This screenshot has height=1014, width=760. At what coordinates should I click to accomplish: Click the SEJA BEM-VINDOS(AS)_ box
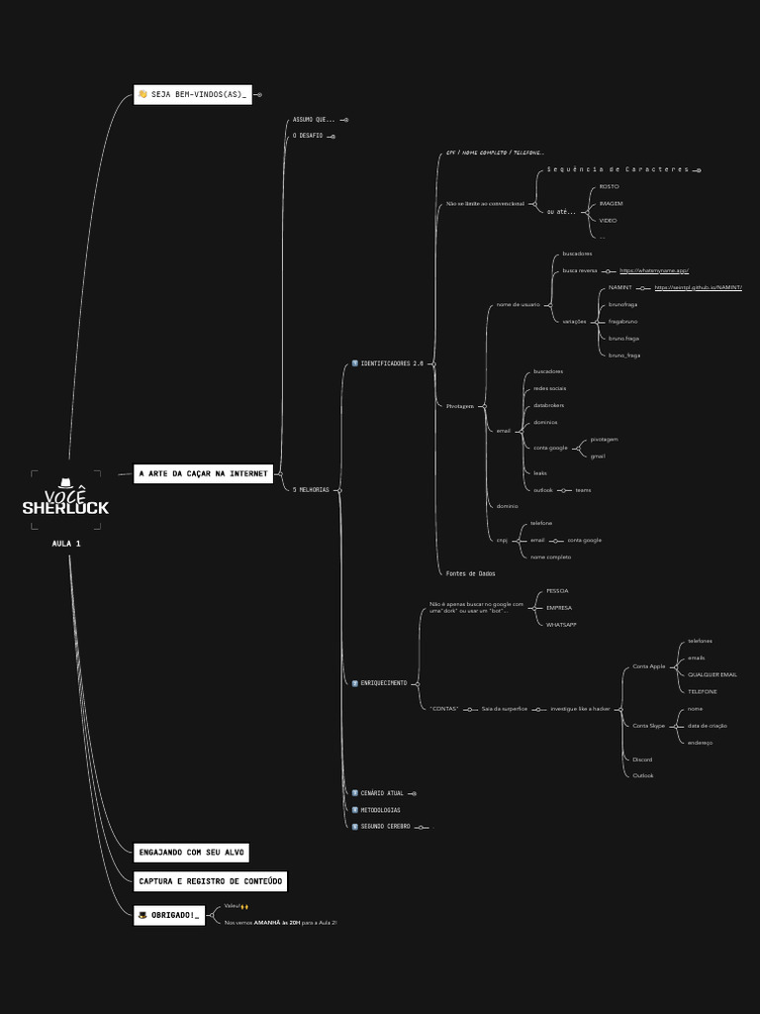click(193, 95)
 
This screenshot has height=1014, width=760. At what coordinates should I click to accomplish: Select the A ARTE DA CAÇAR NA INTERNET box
click(203, 474)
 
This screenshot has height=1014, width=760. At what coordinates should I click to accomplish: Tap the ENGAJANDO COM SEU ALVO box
click(191, 853)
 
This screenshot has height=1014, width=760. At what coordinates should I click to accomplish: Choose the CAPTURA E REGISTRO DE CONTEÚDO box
click(210, 881)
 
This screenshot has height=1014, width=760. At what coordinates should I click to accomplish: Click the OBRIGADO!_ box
click(169, 916)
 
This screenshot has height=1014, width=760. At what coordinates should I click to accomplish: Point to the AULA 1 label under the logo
click(66, 544)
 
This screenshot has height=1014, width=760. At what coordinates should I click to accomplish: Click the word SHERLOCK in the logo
click(66, 508)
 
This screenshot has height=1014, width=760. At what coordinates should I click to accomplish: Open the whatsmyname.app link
click(654, 270)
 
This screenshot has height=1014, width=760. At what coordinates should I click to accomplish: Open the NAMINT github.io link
click(698, 287)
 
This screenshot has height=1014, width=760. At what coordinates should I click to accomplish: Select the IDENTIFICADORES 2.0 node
click(391, 363)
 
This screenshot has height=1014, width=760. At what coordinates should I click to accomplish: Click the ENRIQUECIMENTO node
click(383, 683)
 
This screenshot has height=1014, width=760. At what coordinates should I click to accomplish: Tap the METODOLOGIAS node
click(380, 810)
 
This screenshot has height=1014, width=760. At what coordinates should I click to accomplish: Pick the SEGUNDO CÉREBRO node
click(385, 826)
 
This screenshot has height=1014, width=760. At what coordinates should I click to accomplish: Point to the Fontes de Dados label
click(470, 573)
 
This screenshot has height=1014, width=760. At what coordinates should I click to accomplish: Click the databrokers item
click(548, 405)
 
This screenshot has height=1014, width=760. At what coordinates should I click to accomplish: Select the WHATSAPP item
click(561, 625)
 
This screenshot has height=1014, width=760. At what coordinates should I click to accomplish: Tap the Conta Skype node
click(648, 726)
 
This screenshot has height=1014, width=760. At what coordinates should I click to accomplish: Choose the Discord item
click(642, 760)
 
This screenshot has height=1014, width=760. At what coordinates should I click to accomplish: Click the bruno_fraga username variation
click(624, 355)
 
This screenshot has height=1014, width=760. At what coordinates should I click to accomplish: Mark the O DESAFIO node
click(308, 136)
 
